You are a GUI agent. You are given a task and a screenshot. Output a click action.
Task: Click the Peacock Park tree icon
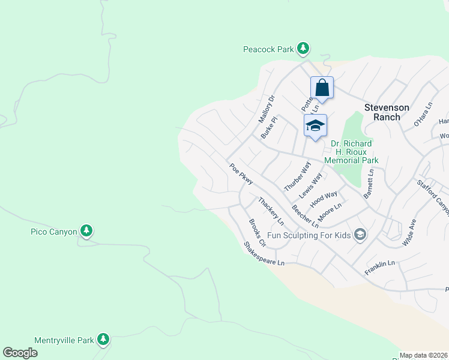coord(303,47)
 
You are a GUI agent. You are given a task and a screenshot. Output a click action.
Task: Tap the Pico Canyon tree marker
coord(86,230)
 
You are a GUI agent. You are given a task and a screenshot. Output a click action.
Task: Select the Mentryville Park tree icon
coord(103,340)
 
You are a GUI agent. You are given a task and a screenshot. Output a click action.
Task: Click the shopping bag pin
coord(322,88)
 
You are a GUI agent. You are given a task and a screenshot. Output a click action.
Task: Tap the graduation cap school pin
coord(315,125)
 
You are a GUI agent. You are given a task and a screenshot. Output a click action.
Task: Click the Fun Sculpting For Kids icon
coord(360,234)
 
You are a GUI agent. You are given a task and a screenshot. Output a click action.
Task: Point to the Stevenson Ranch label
coord(387,112)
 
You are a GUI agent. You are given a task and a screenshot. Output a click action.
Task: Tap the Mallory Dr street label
coord(266,109)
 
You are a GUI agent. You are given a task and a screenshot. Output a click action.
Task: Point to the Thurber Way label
coord(298,176)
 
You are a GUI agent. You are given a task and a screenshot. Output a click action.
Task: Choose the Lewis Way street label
coord(311,185)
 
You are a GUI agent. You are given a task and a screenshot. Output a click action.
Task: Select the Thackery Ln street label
coord(271,211)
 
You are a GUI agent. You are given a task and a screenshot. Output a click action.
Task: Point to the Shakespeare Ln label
coord(263,254)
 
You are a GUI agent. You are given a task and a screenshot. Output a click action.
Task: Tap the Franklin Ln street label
coord(379,268)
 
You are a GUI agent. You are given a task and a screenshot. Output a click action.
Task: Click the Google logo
coord(20,353)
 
